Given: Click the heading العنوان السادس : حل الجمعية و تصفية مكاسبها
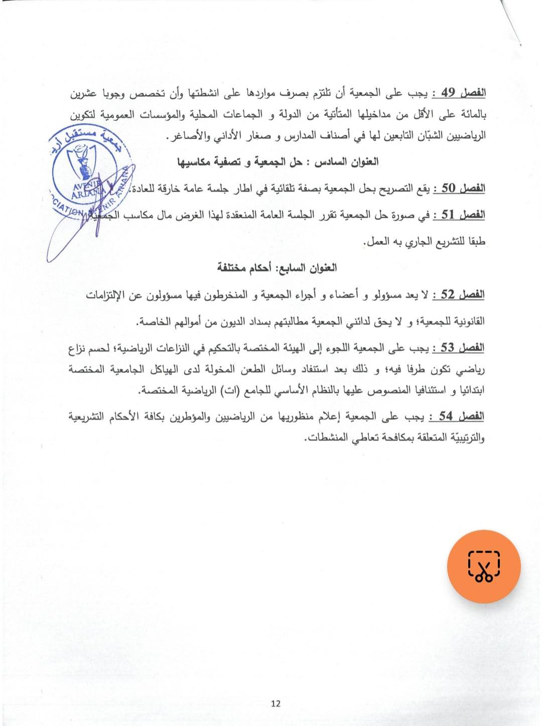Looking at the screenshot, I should pyautogui.click(x=278, y=162).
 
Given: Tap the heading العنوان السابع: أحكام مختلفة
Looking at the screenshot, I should pyautogui.click(x=277, y=268).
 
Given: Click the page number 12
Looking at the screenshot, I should pyautogui.click(x=276, y=703).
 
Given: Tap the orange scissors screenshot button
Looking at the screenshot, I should pyautogui.click(x=484, y=567).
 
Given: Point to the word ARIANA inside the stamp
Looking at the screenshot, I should pyautogui.click(x=85, y=195).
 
